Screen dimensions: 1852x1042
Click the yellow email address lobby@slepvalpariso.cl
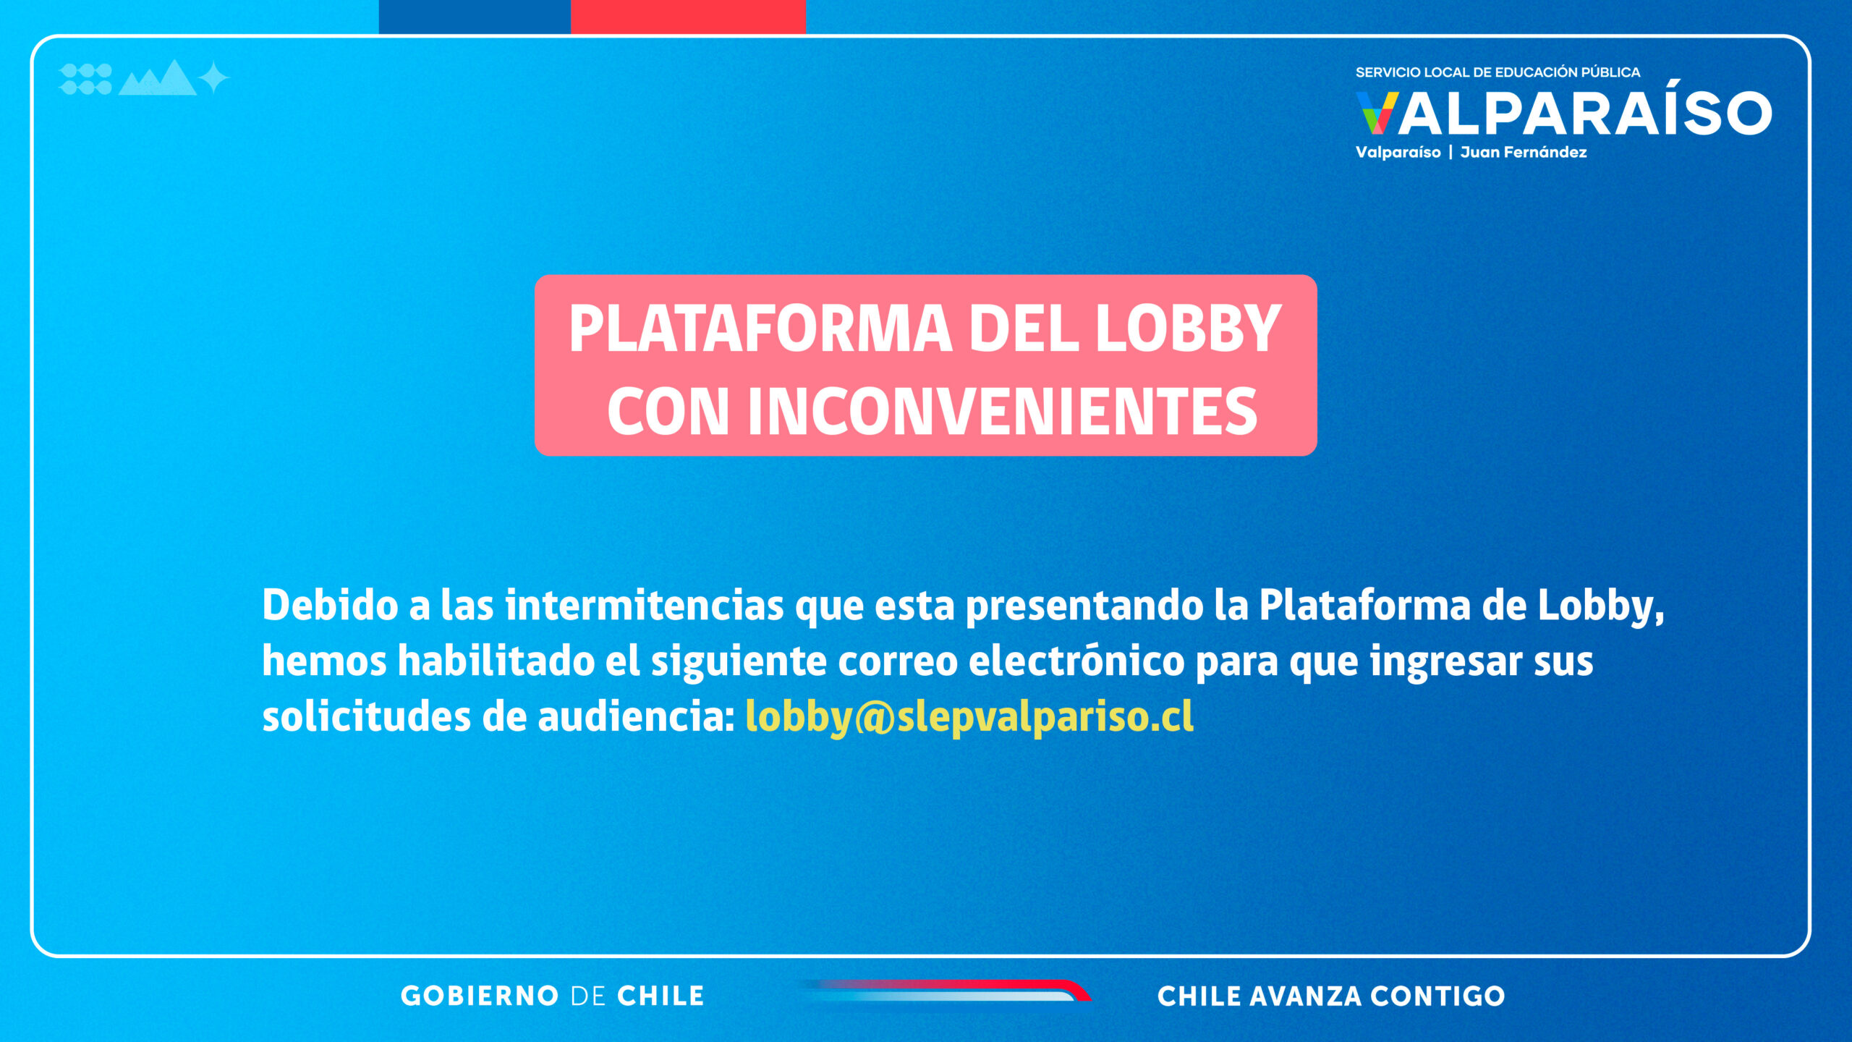(969, 717)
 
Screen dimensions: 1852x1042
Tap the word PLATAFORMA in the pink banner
(760, 329)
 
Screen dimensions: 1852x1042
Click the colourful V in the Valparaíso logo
(1377, 113)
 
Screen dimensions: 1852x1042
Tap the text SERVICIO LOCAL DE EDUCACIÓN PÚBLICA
(1498, 72)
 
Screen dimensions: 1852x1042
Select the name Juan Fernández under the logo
(1524, 153)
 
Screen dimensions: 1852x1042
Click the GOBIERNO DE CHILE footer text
(553, 996)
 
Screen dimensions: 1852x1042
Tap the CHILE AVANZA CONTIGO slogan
(1331, 996)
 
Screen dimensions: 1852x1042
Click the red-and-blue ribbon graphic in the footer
(948, 991)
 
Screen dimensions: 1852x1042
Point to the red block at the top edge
(688, 17)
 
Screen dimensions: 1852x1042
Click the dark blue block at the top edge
(475, 17)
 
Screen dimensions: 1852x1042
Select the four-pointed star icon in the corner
(213, 78)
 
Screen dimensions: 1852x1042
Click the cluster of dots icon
(85, 79)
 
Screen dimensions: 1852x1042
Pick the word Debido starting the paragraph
(330, 605)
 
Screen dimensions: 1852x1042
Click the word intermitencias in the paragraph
(645, 605)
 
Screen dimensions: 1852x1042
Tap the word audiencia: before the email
(636, 717)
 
